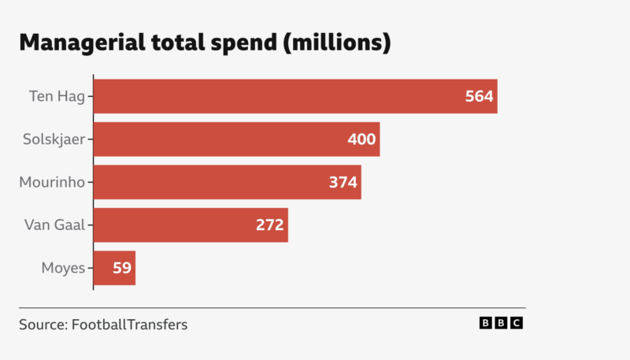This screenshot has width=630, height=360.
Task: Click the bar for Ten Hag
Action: [x=295, y=96]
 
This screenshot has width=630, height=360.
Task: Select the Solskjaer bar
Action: [x=236, y=139]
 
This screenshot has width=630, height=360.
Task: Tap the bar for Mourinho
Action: [x=227, y=182]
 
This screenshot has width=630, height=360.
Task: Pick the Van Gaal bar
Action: [x=191, y=225]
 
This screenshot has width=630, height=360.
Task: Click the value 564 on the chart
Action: [x=479, y=97]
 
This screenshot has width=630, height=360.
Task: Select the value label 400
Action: [x=362, y=139]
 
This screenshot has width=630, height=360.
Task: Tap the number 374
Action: [x=343, y=183]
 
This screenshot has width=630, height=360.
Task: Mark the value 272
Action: [x=270, y=225]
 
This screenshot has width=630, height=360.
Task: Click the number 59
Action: [x=122, y=269]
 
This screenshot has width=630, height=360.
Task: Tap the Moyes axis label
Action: [x=63, y=269]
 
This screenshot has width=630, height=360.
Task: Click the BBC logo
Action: [x=501, y=323]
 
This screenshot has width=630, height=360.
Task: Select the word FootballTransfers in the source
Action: [x=129, y=324]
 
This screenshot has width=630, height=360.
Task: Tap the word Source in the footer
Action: [x=42, y=324]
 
